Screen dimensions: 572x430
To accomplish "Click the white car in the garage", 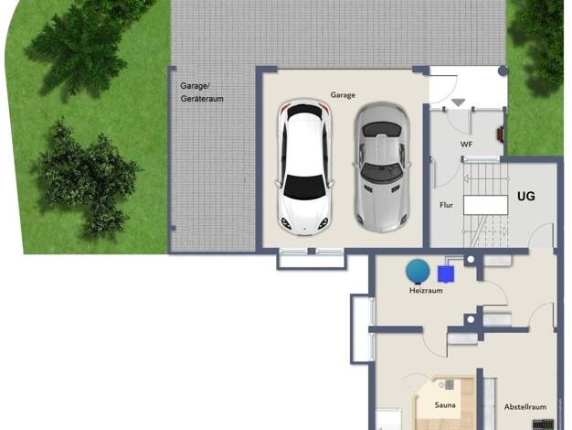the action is (x=304, y=167).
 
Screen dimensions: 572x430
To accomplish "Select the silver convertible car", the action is (x=382, y=167).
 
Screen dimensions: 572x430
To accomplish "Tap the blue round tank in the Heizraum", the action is (x=418, y=271).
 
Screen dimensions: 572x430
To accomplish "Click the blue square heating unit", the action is (x=445, y=274).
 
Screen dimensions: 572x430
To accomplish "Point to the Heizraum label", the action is (x=426, y=290).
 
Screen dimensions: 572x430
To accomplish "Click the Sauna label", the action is (x=445, y=404).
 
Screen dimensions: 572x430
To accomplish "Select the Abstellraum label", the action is (x=524, y=406).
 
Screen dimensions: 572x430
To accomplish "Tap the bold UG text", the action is (x=526, y=196).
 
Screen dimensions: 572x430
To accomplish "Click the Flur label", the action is (x=446, y=205).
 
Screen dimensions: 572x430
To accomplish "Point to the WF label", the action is (x=466, y=145).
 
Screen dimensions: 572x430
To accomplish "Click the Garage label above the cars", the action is (x=343, y=95).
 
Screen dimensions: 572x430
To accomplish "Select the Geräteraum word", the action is (x=202, y=99).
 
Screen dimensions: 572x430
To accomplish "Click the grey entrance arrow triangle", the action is (x=459, y=102).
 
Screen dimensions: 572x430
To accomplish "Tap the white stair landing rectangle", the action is (x=485, y=205).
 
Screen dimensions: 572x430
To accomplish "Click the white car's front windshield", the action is (x=304, y=187).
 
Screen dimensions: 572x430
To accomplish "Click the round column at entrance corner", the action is (x=503, y=70).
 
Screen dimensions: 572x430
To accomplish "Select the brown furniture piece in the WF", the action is (x=500, y=134).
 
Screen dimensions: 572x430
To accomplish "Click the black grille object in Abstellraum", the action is (x=543, y=425).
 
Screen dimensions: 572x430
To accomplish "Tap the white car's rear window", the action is (x=304, y=112).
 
